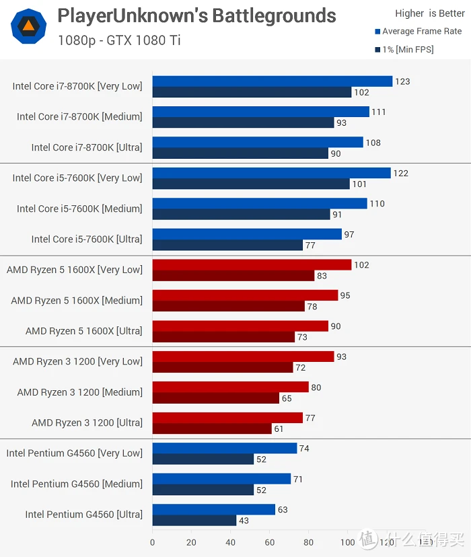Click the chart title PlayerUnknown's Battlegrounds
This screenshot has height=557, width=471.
(196, 15)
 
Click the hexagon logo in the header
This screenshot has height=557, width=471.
(28, 26)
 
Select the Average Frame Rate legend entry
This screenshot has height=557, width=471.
(419, 31)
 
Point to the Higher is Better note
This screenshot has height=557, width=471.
(430, 13)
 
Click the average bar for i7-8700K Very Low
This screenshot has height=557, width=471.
(272, 81)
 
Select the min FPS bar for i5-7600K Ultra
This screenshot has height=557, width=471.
(227, 246)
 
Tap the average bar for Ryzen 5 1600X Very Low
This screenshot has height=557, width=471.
(252, 265)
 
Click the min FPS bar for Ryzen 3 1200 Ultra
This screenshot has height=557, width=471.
(211, 429)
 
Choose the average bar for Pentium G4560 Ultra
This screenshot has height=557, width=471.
(213, 509)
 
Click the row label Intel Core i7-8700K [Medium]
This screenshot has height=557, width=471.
(79, 117)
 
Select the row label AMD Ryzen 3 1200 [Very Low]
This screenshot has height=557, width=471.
(77, 361)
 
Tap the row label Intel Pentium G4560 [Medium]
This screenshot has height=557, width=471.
(76, 484)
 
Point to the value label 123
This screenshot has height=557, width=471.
(402, 81)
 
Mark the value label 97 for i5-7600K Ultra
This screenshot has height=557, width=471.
(349, 234)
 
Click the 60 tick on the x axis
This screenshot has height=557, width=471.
(270, 542)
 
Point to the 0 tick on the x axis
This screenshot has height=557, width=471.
(153, 542)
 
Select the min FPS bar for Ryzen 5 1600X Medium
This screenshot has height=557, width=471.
(229, 306)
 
